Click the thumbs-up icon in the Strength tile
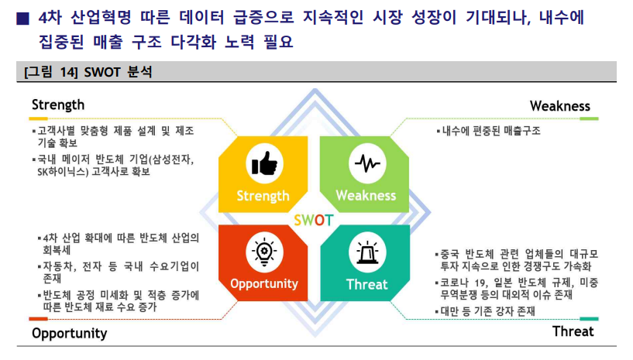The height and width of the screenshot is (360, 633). [x=264, y=163]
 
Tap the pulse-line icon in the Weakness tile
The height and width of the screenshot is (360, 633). [x=367, y=163]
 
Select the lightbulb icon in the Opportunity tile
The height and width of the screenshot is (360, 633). [x=264, y=252]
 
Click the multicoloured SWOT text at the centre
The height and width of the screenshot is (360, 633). [x=314, y=221]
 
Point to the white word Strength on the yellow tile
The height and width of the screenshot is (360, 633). [x=263, y=196]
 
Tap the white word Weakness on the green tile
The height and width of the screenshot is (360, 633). [x=366, y=196]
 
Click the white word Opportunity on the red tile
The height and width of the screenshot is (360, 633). [x=264, y=283]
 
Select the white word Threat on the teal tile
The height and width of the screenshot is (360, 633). [x=367, y=285]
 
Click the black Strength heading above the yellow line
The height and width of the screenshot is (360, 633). [x=58, y=105]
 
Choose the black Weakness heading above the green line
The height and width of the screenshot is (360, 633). [x=560, y=106]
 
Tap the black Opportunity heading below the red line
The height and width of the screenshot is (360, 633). [x=70, y=334]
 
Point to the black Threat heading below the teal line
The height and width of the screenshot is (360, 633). [x=573, y=331]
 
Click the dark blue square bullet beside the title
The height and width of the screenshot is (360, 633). [x=22, y=19]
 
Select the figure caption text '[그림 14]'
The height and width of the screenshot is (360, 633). [x=51, y=72]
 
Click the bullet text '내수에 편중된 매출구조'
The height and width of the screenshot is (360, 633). [x=491, y=131]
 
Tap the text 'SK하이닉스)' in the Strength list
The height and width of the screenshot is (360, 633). [x=63, y=172]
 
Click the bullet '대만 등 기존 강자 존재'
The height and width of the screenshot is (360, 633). [x=487, y=311]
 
